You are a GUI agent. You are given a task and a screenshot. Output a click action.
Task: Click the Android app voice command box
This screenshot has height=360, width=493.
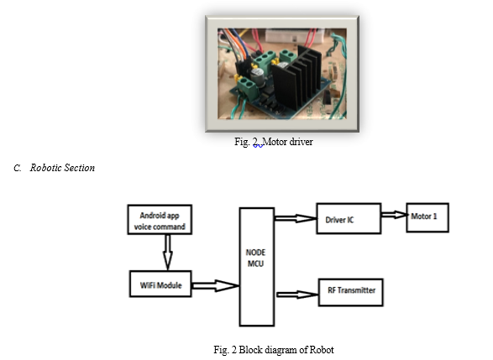[x=160, y=220]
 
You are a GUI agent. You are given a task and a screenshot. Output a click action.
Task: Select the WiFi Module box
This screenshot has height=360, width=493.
[x=160, y=284]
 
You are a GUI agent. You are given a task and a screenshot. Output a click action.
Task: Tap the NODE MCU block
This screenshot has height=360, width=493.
[x=257, y=267]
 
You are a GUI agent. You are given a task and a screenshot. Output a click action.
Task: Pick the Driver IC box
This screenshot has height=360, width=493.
[x=349, y=219]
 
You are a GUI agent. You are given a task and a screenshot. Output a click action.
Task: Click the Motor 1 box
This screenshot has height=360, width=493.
[x=427, y=217]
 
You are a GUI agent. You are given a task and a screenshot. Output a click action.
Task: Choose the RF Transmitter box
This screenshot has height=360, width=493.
[x=351, y=292]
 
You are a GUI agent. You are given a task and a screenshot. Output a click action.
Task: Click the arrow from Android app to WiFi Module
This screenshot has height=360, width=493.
[x=168, y=253]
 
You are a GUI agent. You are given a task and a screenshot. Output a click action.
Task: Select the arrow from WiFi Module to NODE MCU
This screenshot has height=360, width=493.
[x=216, y=285]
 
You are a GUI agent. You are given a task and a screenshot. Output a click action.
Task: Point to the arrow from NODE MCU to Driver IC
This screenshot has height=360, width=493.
[x=296, y=218]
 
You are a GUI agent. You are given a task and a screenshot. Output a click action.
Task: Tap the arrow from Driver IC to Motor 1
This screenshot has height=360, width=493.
[x=394, y=215]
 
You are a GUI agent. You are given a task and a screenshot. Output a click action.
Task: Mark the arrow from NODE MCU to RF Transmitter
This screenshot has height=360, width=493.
[x=297, y=295]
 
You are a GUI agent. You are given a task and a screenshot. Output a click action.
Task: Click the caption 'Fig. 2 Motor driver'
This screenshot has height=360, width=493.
[x=274, y=142]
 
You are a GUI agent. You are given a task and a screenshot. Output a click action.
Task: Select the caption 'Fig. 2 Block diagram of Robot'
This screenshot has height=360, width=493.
[x=274, y=350]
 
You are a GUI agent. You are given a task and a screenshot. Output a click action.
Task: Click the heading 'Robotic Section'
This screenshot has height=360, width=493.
[x=62, y=168]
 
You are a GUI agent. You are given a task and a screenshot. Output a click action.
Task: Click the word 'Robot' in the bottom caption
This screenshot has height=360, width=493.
[x=322, y=350]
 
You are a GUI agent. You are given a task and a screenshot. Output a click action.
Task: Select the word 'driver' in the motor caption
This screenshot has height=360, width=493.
[x=301, y=142]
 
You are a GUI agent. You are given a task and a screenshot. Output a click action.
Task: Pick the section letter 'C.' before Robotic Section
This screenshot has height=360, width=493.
[x=18, y=168]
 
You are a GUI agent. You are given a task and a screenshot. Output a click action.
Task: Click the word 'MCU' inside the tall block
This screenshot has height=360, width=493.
[x=255, y=263]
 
